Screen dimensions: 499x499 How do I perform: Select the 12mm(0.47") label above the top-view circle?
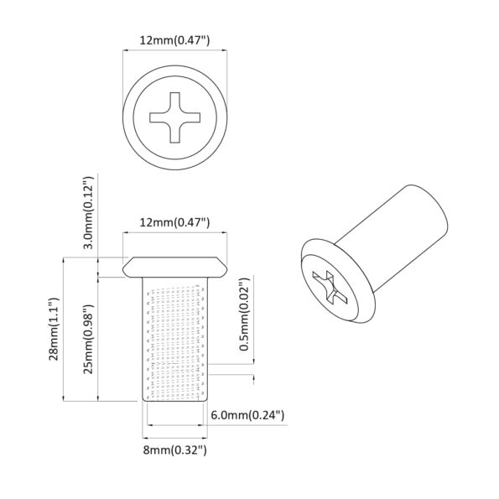point(175,39)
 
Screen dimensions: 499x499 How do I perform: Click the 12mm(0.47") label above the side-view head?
point(175,222)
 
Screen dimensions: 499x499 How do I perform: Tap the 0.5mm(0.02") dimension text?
point(243,313)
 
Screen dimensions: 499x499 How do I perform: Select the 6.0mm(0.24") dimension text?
point(249,414)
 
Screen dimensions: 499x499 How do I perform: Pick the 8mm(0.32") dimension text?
point(174,450)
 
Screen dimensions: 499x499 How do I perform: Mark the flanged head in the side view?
point(175,266)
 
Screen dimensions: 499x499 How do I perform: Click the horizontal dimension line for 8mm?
point(175,435)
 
